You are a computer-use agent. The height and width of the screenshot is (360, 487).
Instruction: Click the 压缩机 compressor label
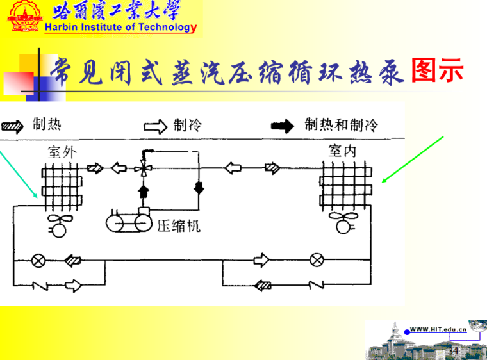pyautogui.click(x=179, y=225)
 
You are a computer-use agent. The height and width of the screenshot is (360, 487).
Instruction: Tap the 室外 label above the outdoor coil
pyautogui.click(x=61, y=152)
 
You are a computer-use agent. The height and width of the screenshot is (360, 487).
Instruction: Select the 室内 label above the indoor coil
pyautogui.click(x=342, y=151)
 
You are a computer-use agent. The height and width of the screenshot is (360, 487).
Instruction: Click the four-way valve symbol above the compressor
pyautogui.click(x=142, y=169)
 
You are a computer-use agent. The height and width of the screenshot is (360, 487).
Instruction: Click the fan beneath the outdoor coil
pyautogui.click(x=60, y=224)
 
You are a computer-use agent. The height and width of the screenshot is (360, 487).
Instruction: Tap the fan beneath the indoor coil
pyautogui.click(x=341, y=224)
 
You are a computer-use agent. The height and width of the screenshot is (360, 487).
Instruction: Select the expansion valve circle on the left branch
pyautogui.click(x=38, y=261)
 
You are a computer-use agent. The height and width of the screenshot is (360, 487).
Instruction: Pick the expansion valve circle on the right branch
pyautogui.click(x=316, y=260)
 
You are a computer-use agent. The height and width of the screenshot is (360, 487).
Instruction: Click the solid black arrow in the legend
pyautogui.click(x=282, y=126)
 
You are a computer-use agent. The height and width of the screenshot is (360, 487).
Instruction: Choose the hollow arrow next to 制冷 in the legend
pyautogui.click(x=156, y=126)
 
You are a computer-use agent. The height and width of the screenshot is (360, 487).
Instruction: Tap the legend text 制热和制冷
pyautogui.click(x=341, y=124)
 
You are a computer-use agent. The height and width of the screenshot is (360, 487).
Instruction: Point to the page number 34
pyautogui.click(x=453, y=350)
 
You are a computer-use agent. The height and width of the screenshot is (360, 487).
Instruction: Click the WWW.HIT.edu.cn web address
pyautogui.click(x=438, y=329)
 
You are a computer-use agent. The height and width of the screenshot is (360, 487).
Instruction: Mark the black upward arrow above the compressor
pyautogui.click(x=143, y=190)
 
